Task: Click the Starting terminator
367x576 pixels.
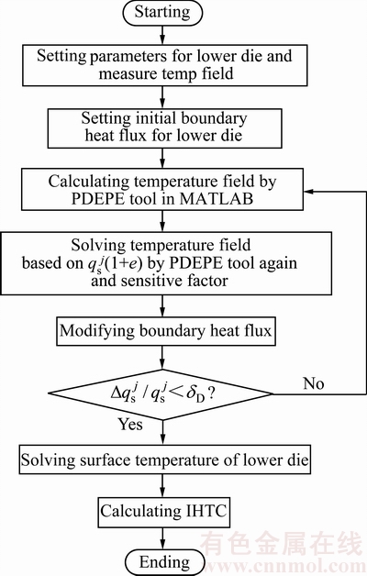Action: [x=162, y=12]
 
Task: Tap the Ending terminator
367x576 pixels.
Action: [x=164, y=562]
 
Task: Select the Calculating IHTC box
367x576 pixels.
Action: [x=164, y=512]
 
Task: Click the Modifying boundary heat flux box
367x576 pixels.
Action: [x=166, y=331]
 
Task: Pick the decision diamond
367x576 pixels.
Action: [x=161, y=394]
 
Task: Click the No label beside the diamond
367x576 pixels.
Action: [x=314, y=383]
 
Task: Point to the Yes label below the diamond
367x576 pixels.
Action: [x=130, y=425]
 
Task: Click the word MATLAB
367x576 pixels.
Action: [x=217, y=199]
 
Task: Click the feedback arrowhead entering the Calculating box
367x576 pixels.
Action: [x=308, y=192]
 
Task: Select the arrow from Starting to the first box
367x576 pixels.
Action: [x=162, y=35]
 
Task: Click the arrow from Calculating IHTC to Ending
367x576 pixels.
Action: [x=162, y=538]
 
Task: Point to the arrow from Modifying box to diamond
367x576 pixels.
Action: [x=162, y=358]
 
